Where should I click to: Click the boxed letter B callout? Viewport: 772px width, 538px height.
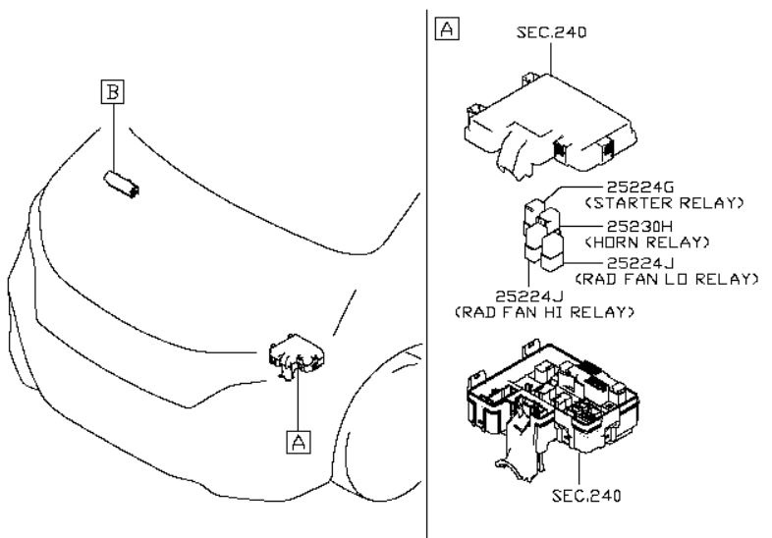(x=114, y=92)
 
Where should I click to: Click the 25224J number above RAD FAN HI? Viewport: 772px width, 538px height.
(x=528, y=296)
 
